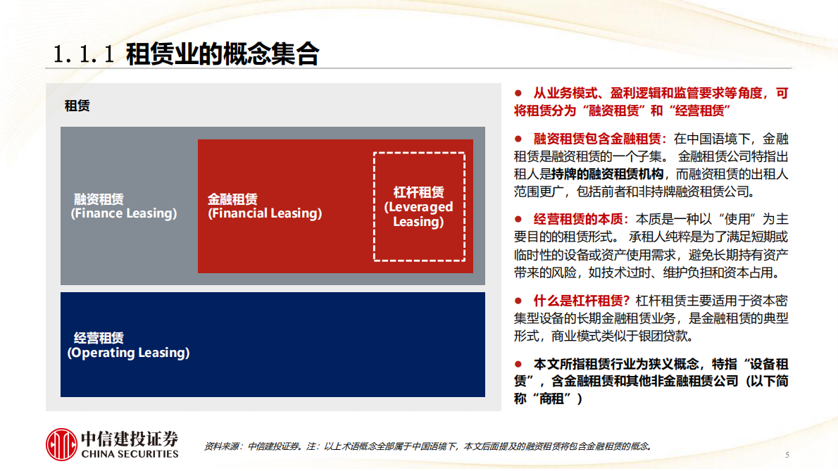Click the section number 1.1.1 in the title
pos(84,55)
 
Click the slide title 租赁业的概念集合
pos(222,54)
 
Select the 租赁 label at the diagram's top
pos(77,106)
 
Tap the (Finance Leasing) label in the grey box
pos(124,213)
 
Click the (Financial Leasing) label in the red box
pos(265,213)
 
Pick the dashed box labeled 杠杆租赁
pos(419,207)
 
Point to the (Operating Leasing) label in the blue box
pos(129,353)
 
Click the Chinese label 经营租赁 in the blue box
pos(99,338)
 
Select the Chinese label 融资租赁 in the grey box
pos(99,199)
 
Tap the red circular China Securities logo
pos(61,445)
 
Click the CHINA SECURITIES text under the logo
pos(130,454)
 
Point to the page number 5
pos(787,454)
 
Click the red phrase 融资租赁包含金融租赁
pos(600,139)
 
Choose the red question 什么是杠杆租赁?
pos(582,299)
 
